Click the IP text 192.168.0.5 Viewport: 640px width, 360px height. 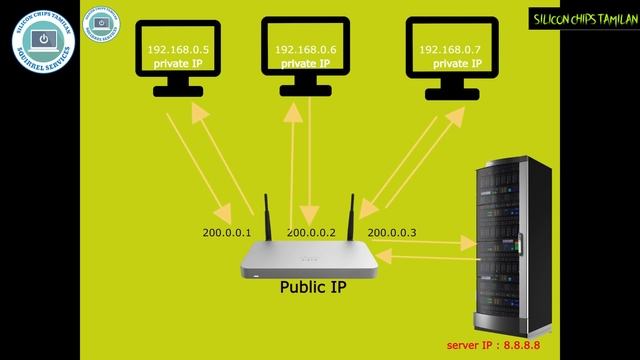(x=171, y=49)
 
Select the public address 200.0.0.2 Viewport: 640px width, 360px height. (x=311, y=232)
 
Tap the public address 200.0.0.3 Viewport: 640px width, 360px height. (x=392, y=232)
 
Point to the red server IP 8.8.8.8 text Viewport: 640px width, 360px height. (x=501, y=346)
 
